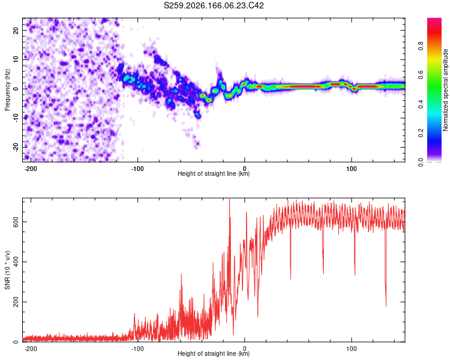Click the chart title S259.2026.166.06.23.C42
214,5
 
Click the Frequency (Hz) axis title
7,90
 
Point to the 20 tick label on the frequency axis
16,30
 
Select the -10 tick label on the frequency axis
16,118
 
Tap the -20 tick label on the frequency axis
16,147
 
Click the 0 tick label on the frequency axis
16,89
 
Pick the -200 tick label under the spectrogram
30,169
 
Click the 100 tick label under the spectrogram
351,169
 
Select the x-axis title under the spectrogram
214,173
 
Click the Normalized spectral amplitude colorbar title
445,90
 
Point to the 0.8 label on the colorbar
421,46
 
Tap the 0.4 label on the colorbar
421,104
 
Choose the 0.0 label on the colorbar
421,163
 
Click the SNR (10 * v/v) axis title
7,270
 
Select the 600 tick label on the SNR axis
16,221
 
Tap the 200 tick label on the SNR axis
16,302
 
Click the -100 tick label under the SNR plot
137,349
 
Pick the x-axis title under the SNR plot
214,353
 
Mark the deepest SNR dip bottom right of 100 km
386,306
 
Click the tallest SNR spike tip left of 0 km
229,199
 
